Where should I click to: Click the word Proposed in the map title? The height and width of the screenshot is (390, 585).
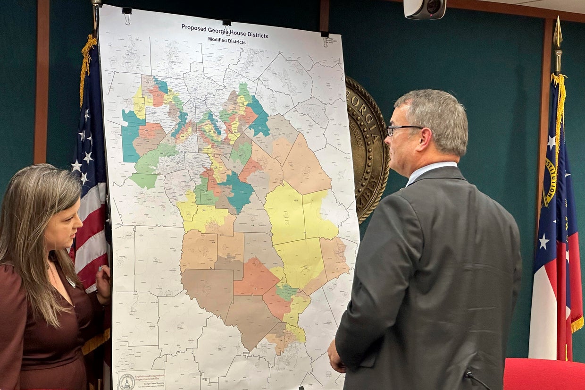tap(193, 27)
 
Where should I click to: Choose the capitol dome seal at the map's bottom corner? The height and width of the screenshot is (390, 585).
tap(126, 381)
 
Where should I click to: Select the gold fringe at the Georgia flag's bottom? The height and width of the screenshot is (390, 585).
tap(577, 324)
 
